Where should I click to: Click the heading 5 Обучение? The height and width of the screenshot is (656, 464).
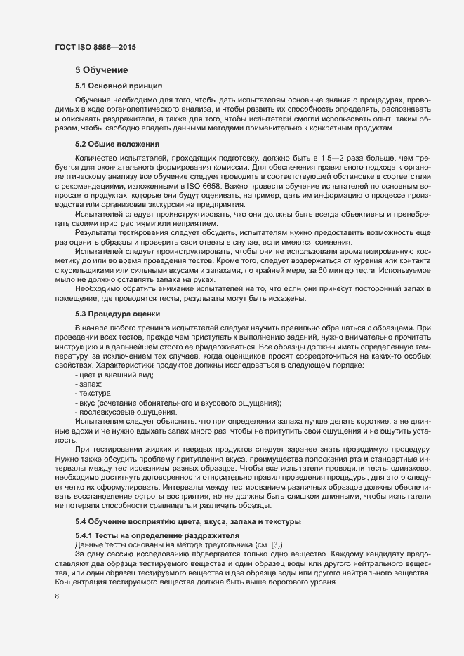[101, 70]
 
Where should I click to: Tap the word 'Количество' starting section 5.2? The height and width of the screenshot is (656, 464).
[95, 159]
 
